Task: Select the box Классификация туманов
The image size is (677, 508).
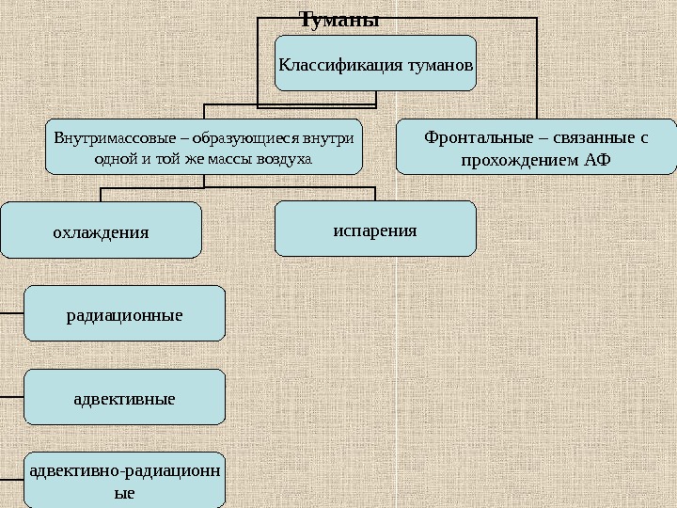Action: click(x=375, y=63)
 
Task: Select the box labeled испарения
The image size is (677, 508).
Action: click(x=375, y=229)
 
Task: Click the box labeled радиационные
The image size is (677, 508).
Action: click(x=124, y=313)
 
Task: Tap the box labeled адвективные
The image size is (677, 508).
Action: click(x=124, y=397)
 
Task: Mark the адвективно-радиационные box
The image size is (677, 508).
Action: click(x=124, y=481)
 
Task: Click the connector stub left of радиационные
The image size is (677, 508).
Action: click(x=11, y=312)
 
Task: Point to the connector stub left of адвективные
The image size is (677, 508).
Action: click(x=11, y=396)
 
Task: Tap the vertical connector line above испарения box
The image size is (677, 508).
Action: click(x=375, y=195)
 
